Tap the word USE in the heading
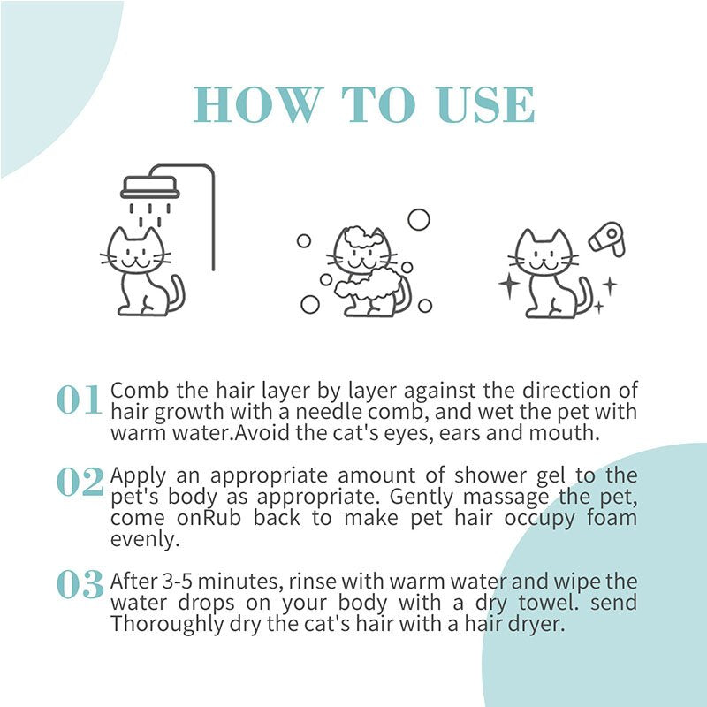(485, 105)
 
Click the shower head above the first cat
(150, 186)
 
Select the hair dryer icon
(607, 239)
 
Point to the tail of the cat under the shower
(176, 295)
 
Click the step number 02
(80, 483)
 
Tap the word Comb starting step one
(133, 392)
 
